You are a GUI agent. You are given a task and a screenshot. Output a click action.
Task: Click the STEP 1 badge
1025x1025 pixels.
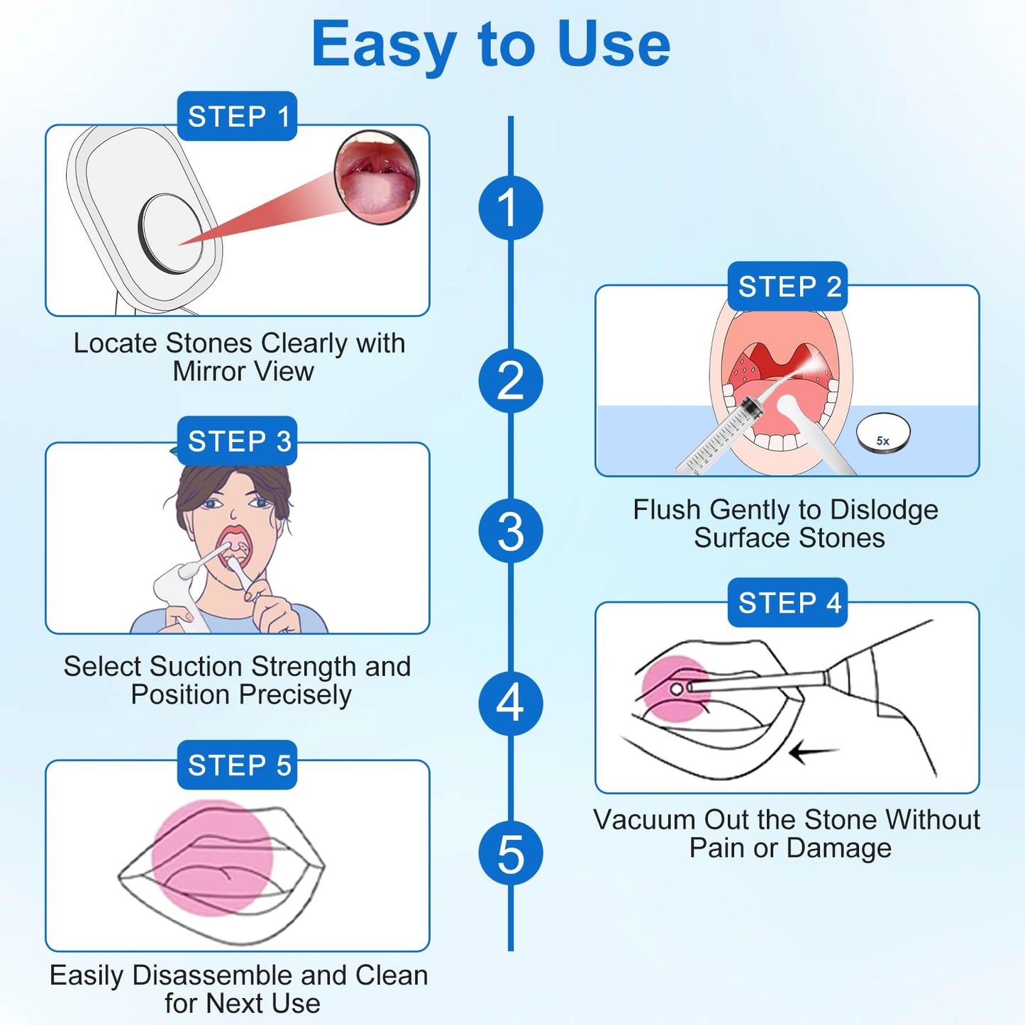click(237, 116)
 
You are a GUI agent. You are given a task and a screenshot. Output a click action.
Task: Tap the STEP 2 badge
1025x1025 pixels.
click(787, 287)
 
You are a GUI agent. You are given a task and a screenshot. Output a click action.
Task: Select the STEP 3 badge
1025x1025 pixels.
click(237, 441)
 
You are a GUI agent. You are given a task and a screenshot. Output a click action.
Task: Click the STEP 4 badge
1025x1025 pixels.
click(787, 603)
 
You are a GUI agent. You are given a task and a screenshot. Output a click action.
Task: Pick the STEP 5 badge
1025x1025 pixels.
click(237, 765)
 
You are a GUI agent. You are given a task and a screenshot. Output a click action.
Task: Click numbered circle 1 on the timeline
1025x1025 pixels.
click(510, 208)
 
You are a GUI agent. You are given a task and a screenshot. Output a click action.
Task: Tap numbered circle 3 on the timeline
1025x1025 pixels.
click(510, 531)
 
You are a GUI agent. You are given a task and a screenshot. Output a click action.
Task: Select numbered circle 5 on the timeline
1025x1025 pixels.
click(510, 853)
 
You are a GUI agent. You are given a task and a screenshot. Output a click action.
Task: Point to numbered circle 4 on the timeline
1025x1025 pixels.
click(510, 703)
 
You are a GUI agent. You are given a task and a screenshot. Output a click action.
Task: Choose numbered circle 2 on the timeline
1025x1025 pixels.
click(510, 381)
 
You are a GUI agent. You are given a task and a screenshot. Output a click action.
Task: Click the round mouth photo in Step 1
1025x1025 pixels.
click(377, 177)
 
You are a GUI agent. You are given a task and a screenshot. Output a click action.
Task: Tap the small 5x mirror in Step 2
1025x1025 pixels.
click(883, 433)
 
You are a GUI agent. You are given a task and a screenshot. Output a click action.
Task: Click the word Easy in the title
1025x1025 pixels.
click(384, 45)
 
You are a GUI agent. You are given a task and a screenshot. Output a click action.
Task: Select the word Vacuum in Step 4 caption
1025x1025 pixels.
click(644, 820)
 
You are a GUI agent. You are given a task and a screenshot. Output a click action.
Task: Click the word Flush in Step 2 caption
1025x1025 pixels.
click(666, 510)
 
